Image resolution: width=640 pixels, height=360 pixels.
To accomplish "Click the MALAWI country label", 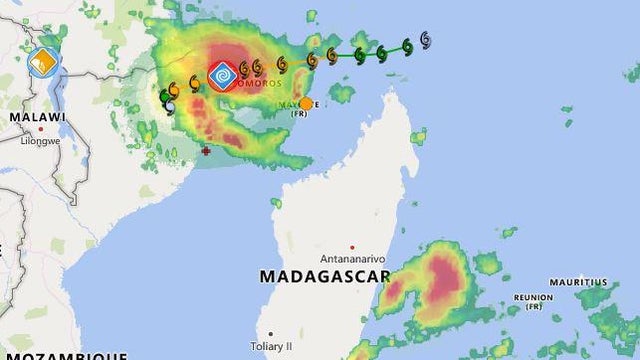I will click(37, 117).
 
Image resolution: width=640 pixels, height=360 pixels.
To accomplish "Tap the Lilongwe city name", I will click(42, 141).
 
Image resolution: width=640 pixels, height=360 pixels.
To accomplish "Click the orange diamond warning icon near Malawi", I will click(43, 62).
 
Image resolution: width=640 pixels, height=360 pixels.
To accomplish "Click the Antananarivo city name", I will click(351, 258).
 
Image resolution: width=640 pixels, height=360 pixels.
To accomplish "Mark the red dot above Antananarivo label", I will click(352, 247).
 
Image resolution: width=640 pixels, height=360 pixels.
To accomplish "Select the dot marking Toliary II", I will click(269, 334).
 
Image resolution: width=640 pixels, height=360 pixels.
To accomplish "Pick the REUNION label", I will click(533, 297).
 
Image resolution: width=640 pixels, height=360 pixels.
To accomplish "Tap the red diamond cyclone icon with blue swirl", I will click(223, 76).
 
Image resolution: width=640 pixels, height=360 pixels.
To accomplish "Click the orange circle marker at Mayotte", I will click(305, 104).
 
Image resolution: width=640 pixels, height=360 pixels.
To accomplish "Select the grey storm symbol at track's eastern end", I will click(426, 39).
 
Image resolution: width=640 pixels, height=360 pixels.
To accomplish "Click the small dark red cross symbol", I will click(206, 151).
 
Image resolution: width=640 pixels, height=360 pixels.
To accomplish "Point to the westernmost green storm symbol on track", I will click(166, 96).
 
